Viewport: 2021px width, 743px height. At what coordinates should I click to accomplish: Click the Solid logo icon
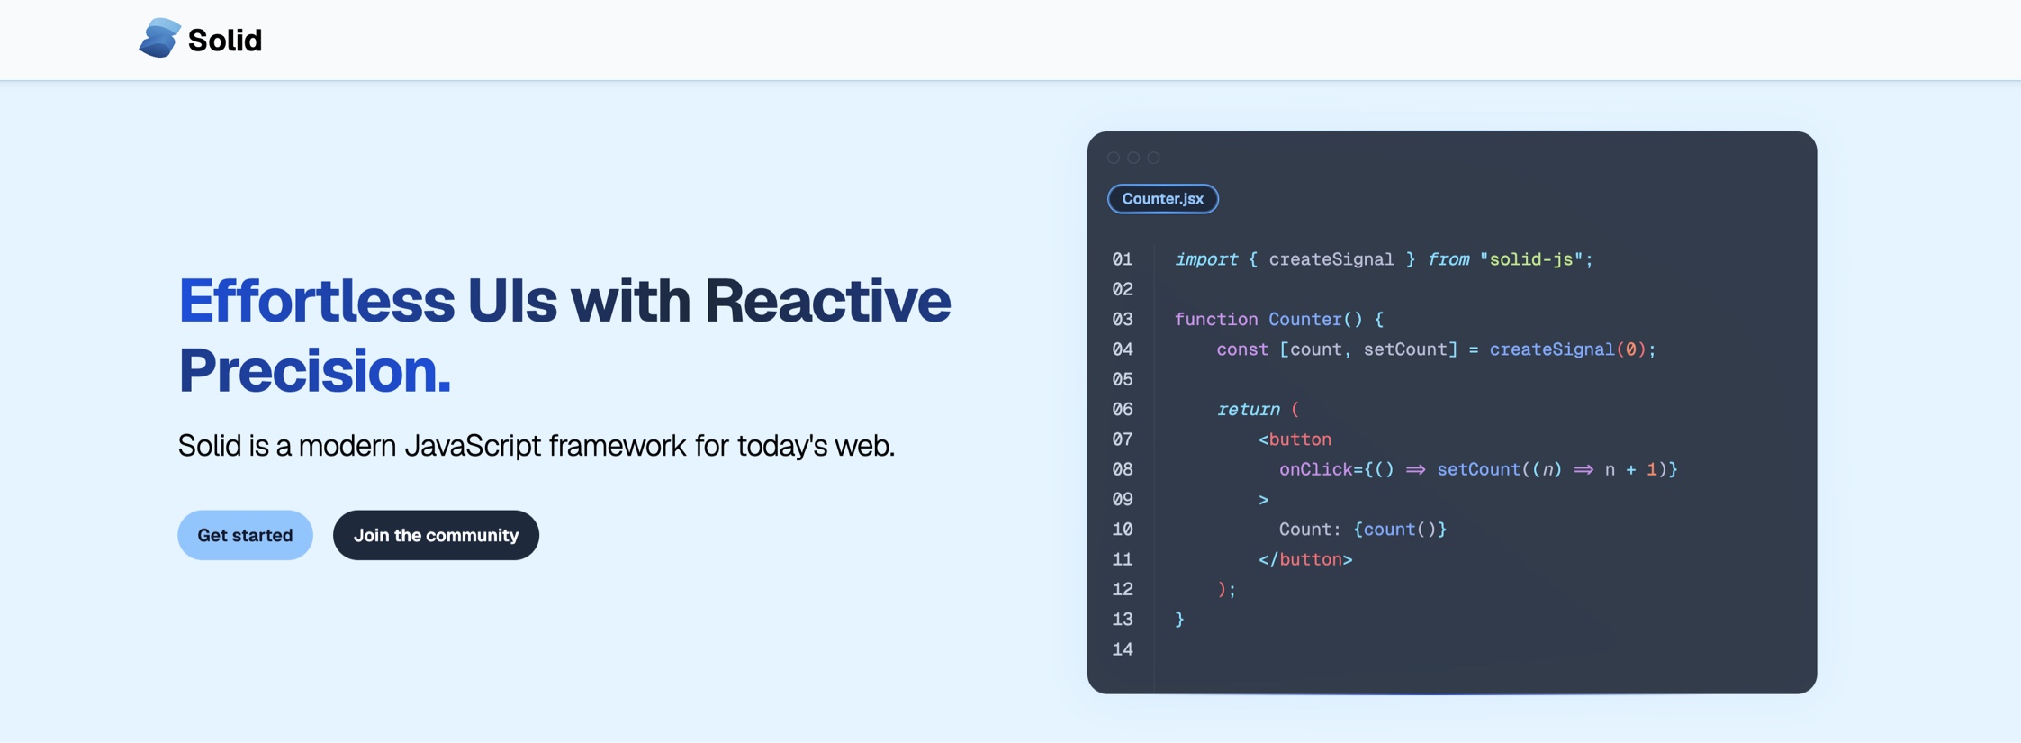click(x=159, y=39)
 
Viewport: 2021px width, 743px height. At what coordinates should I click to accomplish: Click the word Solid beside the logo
click(x=225, y=41)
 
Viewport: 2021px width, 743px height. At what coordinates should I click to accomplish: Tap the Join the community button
click(x=436, y=535)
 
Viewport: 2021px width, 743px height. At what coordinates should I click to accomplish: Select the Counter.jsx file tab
click(x=1162, y=199)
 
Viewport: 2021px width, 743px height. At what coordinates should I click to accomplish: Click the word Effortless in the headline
click(x=316, y=301)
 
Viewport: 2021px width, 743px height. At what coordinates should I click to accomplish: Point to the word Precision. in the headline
click(x=314, y=370)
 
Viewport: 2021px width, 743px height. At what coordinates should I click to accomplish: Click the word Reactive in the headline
click(x=827, y=301)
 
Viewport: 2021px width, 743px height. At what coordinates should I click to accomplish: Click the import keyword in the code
click(x=1206, y=259)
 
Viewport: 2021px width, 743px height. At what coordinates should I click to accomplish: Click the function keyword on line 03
click(x=1216, y=320)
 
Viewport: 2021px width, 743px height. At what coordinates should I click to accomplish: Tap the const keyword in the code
click(x=1242, y=349)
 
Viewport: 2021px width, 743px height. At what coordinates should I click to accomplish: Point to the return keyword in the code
click(x=1248, y=410)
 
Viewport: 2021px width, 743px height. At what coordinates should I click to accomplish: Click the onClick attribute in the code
click(x=1315, y=469)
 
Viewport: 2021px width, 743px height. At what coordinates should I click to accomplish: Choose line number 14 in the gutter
click(x=1123, y=649)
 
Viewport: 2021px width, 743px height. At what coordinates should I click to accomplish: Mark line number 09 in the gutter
click(x=1123, y=500)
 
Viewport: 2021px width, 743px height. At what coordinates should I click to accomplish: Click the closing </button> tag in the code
click(x=1305, y=559)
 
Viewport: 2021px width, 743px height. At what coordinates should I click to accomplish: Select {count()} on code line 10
click(x=1400, y=530)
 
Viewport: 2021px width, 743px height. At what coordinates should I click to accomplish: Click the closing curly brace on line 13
click(x=1179, y=620)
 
